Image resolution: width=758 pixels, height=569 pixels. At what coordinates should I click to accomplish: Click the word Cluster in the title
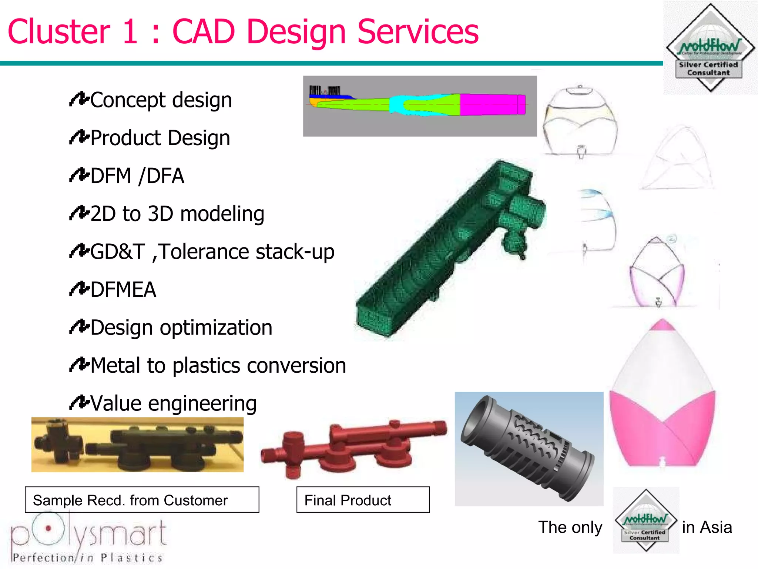[59, 32]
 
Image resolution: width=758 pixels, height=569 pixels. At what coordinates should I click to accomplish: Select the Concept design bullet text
[161, 100]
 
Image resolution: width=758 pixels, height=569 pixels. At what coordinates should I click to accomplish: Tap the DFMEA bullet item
[123, 290]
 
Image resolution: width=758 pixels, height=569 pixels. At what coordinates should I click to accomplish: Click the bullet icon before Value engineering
[79, 403]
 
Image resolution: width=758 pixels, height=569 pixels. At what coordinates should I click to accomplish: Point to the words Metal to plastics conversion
[218, 366]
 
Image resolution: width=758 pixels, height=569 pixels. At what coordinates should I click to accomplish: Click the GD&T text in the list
[118, 252]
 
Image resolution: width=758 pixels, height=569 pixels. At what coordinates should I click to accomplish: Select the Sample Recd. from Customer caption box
[142, 500]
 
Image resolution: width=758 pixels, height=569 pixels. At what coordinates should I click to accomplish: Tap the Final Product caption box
[363, 500]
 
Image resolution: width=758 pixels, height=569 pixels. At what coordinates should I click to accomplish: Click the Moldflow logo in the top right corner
[710, 48]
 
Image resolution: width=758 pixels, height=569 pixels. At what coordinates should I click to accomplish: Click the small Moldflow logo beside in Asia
[646, 520]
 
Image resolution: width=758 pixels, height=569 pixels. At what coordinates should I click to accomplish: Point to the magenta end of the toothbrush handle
[492, 104]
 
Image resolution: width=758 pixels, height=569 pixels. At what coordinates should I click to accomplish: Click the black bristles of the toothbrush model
[325, 90]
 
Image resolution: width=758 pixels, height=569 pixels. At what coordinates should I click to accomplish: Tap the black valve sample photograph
[137, 445]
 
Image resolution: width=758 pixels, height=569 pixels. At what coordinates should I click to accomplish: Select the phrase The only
[570, 527]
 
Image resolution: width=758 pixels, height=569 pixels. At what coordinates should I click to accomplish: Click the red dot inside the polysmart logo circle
[48, 528]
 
